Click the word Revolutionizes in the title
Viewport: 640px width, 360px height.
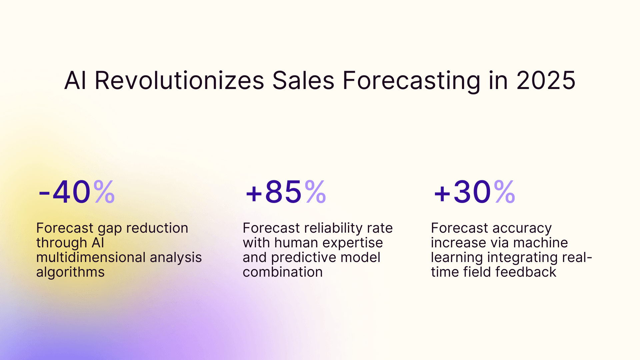pos(179,81)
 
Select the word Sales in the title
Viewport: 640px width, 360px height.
pos(303,81)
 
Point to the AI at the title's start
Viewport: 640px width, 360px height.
pos(75,81)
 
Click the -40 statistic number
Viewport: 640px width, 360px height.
pos(65,192)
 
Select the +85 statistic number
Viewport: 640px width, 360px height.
pos(274,192)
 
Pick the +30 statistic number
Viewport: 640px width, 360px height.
pos(462,192)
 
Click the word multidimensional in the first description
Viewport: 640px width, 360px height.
pos(91,257)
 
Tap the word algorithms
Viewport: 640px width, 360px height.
pos(70,272)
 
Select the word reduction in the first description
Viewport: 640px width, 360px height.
pos(157,228)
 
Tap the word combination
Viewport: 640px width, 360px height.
pos(283,272)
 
